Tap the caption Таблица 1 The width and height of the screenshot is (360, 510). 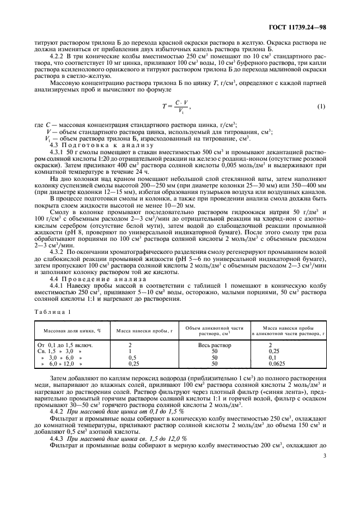click(x=53, y=312)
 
